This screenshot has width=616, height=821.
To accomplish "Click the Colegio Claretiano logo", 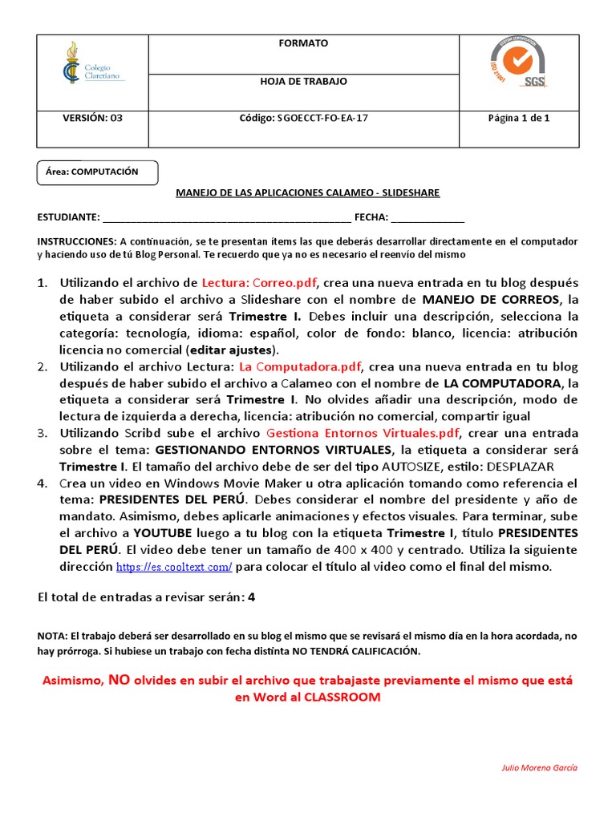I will (x=92, y=64).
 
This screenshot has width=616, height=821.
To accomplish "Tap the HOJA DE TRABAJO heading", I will (x=304, y=82).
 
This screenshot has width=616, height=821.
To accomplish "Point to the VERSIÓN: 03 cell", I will (x=92, y=118).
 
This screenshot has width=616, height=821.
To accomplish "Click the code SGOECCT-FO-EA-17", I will (x=304, y=118).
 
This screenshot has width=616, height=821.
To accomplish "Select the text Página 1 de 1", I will (x=519, y=118).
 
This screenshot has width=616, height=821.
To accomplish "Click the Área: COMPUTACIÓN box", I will (x=98, y=172).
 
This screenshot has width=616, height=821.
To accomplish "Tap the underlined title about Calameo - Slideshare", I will (x=308, y=193).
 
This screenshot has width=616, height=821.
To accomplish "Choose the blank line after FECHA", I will (x=428, y=217).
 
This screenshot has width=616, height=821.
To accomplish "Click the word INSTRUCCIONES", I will (x=76, y=241).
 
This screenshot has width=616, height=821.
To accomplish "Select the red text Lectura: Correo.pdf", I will (x=259, y=282).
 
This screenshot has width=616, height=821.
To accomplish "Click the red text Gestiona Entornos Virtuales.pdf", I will (x=363, y=433).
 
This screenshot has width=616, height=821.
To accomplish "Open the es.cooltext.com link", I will (x=174, y=567).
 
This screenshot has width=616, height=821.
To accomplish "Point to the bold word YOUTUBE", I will (x=163, y=533).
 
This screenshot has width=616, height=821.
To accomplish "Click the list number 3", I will (x=43, y=433).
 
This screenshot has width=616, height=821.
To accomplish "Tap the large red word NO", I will (x=120, y=679).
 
